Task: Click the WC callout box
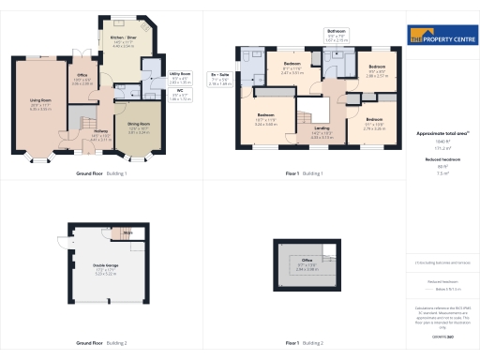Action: [181, 96]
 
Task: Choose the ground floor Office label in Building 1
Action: [82, 80]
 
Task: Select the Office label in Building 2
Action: [307, 263]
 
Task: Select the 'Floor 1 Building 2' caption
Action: [304, 344]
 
